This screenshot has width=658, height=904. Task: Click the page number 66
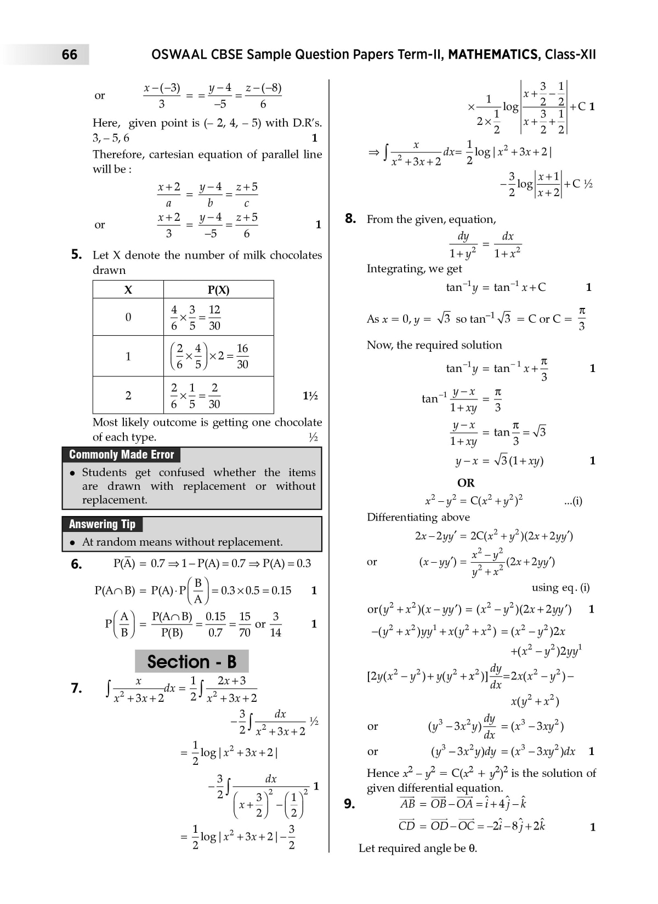(70, 54)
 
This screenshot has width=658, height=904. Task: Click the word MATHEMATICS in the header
(492, 54)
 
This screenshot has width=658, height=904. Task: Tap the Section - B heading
(191, 661)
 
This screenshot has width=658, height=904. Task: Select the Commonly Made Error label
(121, 455)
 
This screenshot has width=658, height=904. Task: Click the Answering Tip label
(102, 524)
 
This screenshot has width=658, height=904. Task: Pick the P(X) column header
(218, 290)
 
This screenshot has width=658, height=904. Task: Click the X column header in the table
(128, 290)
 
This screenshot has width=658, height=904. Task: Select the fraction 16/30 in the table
(242, 356)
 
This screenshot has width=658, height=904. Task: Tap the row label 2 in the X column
(128, 395)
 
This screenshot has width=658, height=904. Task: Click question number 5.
(77, 254)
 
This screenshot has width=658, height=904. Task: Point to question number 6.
(77, 564)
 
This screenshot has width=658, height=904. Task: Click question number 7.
(77, 688)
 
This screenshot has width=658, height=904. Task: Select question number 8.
(351, 219)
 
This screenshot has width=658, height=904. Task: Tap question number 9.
(350, 804)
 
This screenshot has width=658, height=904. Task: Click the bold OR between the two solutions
(466, 483)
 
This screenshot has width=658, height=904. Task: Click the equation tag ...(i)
(573, 500)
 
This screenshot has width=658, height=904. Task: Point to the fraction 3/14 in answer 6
(275, 624)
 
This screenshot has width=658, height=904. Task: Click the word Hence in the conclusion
(383, 773)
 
